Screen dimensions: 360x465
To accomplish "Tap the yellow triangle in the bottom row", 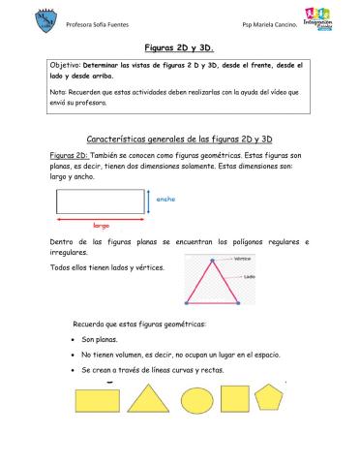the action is click(x=145, y=401).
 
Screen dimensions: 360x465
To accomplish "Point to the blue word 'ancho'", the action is click(x=165, y=199).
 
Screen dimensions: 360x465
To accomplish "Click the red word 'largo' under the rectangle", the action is click(x=100, y=224).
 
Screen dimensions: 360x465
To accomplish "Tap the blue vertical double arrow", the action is click(x=149, y=201).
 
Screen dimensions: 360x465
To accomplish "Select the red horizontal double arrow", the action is click(x=100, y=216).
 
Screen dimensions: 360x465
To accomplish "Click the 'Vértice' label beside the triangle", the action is click(x=243, y=260).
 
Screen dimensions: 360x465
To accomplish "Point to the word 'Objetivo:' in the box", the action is click(x=66, y=65).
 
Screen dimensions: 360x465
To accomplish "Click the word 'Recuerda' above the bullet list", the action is click(x=90, y=323).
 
